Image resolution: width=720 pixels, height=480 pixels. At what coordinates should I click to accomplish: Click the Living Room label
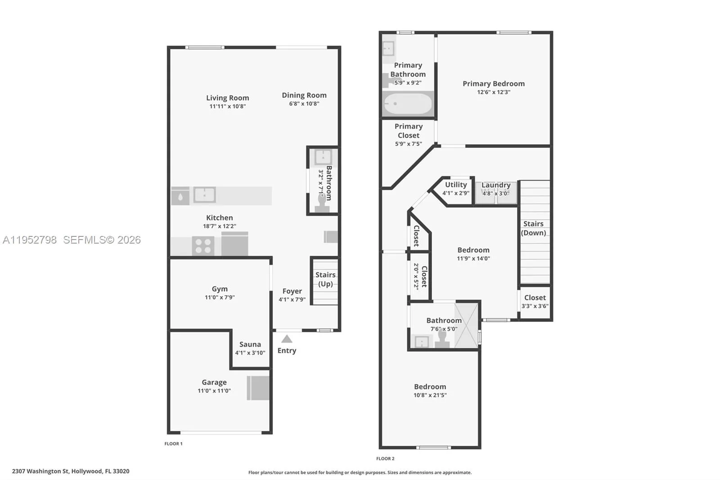click(227, 98)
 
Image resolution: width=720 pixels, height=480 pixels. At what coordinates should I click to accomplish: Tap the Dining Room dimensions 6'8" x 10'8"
click(304, 104)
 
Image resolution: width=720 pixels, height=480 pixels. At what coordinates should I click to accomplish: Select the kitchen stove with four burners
click(203, 246)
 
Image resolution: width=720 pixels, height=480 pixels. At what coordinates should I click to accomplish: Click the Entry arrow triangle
click(287, 339)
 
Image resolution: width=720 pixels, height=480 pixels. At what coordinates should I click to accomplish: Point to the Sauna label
click(250, 344)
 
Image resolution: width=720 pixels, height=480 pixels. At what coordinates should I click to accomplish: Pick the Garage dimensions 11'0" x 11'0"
click(214, 391)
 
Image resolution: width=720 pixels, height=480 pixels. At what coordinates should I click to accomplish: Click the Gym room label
click(220, 289)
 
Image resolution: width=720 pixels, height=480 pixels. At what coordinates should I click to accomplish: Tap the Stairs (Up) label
click(325, 279)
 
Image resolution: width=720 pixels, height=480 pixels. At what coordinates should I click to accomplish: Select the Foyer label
click(292, 291)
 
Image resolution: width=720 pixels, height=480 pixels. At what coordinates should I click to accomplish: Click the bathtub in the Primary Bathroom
click(408, 104)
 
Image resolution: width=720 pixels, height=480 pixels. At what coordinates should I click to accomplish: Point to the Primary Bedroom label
click(494, 84)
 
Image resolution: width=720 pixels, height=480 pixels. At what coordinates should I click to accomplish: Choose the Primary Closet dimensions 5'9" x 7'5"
click(409, 144)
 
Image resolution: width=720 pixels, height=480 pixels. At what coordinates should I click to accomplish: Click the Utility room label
click(456, 185)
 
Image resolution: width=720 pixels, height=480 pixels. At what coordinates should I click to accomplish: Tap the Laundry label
click(496, 185)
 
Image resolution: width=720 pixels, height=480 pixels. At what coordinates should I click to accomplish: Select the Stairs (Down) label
click(534, 228)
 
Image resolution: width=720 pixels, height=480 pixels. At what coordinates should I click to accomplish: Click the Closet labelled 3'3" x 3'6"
click(535, 298)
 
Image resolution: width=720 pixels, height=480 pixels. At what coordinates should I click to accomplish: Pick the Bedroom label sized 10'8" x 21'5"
click(430, 387)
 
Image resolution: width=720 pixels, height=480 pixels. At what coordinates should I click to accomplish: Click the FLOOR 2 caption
click(385, 459)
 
